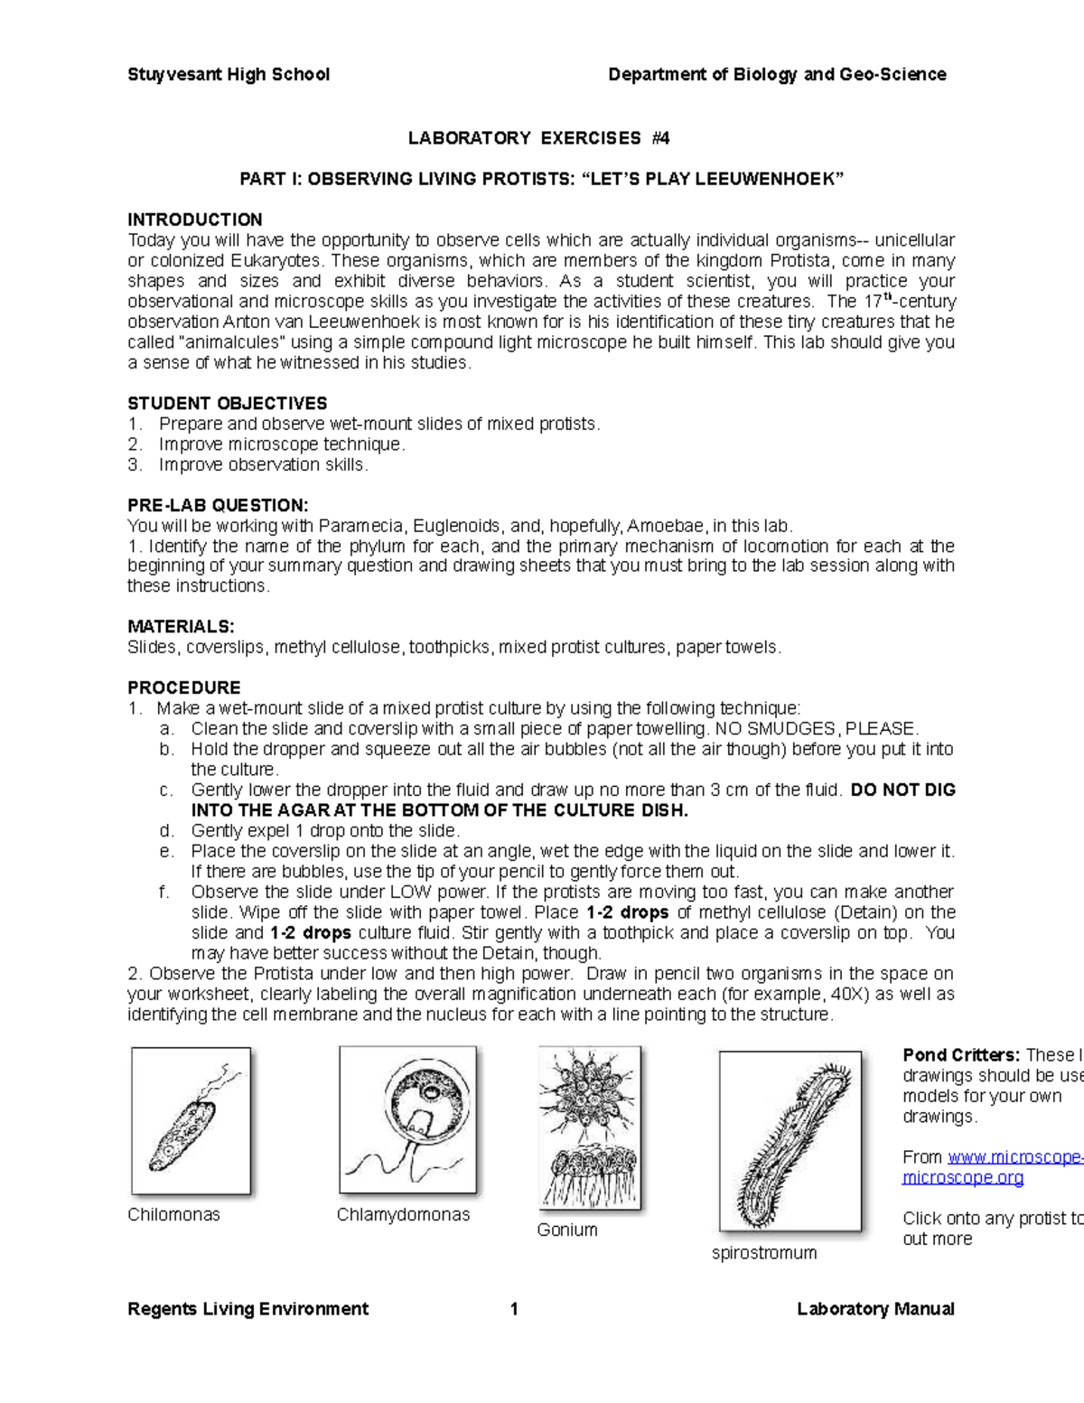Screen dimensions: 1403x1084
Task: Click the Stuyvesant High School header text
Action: click(229, 75)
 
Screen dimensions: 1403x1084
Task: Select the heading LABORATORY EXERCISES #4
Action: click(539, 138)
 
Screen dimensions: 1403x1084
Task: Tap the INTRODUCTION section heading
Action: click(195, 220)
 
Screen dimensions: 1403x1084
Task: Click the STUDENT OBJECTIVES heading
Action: click(228, 403)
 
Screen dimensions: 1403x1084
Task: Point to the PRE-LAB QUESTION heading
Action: click(218, 505)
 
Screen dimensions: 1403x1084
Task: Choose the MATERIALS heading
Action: click(181, 626)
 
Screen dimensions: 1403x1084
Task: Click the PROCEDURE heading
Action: click(184, 687)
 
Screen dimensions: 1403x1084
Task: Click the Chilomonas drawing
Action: click(191, 1120)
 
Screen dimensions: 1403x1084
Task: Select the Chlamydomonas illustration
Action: click(406, 1119)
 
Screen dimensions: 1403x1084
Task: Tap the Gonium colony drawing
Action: click(589, 1127)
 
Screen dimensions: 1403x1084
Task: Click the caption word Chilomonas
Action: click(173, 1215)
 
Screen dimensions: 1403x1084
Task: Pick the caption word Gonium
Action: click(566, 1230)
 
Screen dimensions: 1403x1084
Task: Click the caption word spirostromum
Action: click(764, 1253)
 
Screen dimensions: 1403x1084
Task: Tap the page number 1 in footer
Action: click(514, 1309)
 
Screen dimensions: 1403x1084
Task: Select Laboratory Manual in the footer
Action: click(875, 1309)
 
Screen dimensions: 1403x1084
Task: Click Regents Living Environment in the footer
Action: click(248, 1309)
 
